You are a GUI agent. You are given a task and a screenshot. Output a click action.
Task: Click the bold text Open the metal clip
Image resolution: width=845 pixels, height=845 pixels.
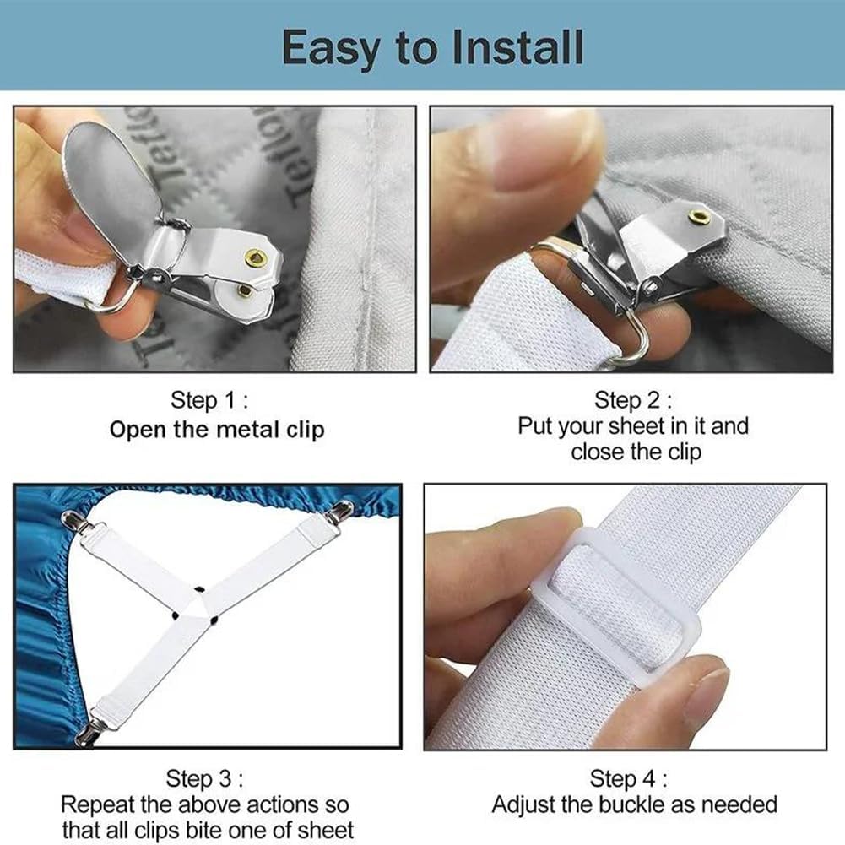(217, 429)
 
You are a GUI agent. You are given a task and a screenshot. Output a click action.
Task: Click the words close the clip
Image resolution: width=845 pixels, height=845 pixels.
(636, 452)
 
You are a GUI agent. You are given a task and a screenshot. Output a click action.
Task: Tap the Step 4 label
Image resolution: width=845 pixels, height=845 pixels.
(629, 777)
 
